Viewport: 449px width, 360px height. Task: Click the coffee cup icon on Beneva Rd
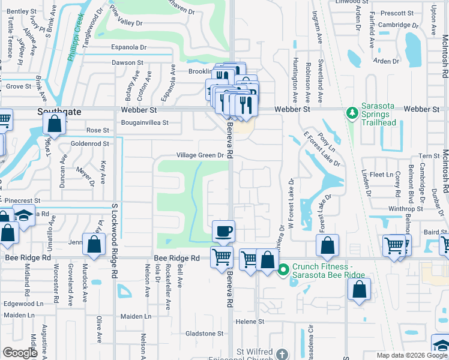click(x=224, y=231)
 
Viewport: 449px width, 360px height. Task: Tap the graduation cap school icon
click(x=23, y=218)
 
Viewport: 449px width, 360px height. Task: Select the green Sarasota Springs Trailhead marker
click(x=352, y=112)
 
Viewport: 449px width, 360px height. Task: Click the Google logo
click(x=20, y=353)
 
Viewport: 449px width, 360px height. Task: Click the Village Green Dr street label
click(x=200, y=155)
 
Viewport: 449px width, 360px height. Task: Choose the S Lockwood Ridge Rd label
click(x=114, y=240)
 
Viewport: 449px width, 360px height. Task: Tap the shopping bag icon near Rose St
click(x=55, y=124)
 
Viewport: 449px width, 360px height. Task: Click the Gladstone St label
click(x=204, y=334)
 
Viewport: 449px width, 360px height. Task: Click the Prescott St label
click(x=394, y=13)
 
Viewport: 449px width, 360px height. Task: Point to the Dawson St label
click(x=127, y=62)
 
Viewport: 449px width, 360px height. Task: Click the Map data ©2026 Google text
click(x=411, y=355)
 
